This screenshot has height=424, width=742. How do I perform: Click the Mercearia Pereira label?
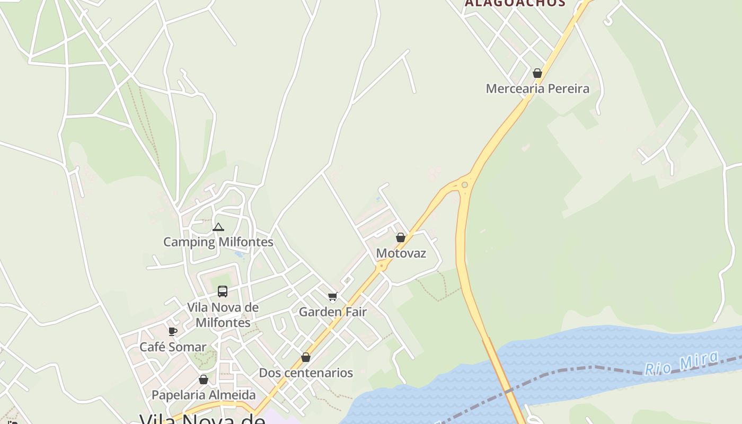click(x=537, y=89)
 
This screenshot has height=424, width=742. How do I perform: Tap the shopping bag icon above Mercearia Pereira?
click(x=537, y=73)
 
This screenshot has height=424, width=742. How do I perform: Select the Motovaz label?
click(x=401, y=253)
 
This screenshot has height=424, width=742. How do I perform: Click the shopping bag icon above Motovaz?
click(x=401, y=237)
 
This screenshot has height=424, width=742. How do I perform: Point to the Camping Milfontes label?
click(x=218, y=242)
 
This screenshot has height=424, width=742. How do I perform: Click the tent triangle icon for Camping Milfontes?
click(x=218, y=227)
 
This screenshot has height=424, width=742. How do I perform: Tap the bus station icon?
click(x=223, y=291)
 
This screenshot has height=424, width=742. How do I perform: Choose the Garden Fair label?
click(x=332, y=312)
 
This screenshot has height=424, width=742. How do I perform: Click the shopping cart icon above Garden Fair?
click(x=332, y=296)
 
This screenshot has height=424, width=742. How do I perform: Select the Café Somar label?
click(x=173, y=347)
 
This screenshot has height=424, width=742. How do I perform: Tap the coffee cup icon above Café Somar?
click(x=172, y=332)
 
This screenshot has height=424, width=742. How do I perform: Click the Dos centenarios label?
click(x=305, y=373)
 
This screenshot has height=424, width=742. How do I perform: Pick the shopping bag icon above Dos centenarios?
click(x=306, y=358)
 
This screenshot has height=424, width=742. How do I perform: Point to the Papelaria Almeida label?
click(x=204, y=395)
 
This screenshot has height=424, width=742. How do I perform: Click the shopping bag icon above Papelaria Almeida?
click(x=203, y=379)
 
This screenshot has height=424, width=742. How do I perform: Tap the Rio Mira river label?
click(x=682, y=364)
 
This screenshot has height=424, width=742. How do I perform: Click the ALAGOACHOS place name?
click(x=515, y=3)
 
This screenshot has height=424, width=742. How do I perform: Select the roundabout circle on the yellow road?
click(x=465, y=185)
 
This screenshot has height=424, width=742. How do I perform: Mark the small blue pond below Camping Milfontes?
click(x=240, y=255)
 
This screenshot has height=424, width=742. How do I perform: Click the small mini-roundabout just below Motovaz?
click(x=381, y=267)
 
